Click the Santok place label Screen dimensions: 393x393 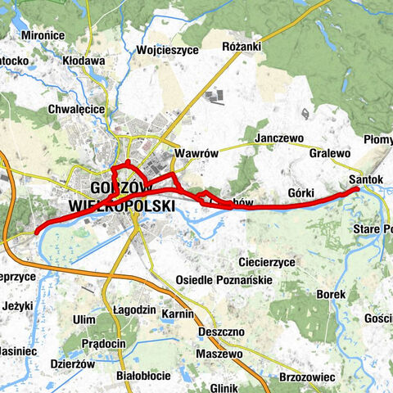click(366, 178)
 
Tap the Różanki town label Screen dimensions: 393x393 click(242, 47)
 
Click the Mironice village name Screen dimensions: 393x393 click(43, 36)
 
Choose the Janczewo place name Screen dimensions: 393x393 click(279, 138)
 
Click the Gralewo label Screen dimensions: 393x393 click(330, 153)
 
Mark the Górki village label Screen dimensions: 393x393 click(302, 192)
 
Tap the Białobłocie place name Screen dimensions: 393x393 click(144, 376)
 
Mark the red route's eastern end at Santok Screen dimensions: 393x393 click(357, 189)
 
